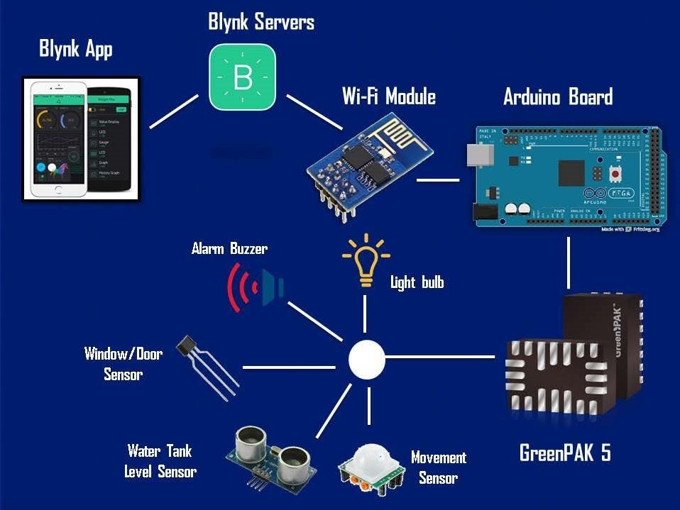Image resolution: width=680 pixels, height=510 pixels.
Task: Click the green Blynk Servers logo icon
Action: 242,77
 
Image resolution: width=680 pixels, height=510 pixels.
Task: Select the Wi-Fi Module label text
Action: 388,96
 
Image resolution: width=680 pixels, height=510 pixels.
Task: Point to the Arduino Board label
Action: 557,97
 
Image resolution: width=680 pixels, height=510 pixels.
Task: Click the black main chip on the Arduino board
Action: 571,172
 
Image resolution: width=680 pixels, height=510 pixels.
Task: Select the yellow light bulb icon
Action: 366,261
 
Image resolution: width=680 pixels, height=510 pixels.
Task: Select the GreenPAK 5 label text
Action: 565,453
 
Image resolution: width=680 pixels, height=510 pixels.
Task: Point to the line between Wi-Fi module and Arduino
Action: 437,179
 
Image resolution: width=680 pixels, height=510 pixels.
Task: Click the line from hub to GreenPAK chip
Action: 440,356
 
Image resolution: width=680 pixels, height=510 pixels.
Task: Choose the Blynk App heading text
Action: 75,50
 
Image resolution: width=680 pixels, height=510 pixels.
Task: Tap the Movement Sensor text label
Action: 438,467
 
